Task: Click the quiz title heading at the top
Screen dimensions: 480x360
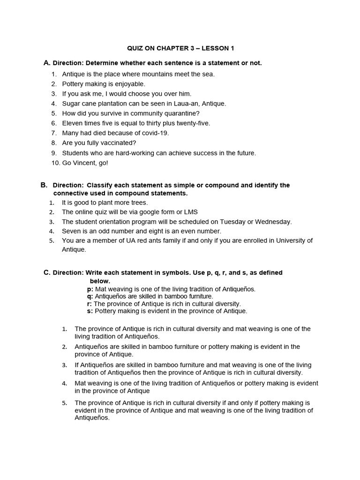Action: click(x=180, y=48)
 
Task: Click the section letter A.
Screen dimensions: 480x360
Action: click(x=46, y=63)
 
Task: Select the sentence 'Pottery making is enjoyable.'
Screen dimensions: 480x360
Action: click(x=104, y=84)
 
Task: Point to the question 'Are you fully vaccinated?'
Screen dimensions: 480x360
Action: click(x=99, y=143)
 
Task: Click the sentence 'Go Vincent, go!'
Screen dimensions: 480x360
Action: click(x=85, y=163)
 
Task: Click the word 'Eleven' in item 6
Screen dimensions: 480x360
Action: click(x=72, y=123)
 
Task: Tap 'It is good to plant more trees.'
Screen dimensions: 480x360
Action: click(x=105, y=202)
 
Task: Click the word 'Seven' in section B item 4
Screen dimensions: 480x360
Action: click(x=70, y=231)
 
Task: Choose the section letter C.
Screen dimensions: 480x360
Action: click(x=46, y=273)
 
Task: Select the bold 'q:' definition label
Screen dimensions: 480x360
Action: click(x=90, y=297)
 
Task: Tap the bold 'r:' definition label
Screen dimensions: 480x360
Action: click(x=90, y=304)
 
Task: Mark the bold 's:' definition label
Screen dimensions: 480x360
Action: click(x=90, y=311)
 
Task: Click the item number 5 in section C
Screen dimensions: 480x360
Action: click(x=65, y=403)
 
